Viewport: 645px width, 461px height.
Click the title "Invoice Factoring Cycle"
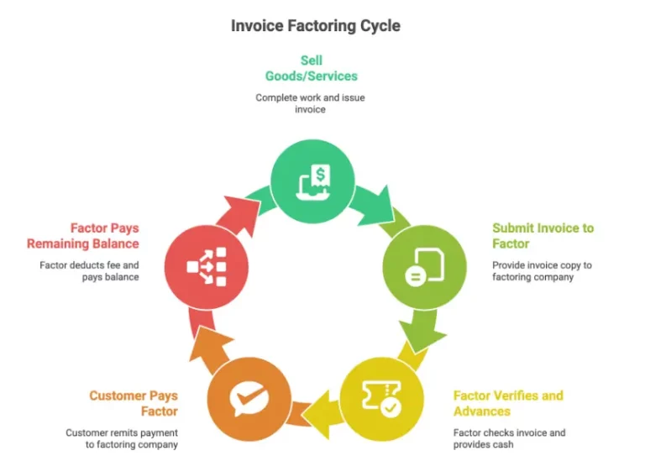[x=315, y=26]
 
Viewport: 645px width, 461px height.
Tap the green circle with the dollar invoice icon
[x=312, y=180]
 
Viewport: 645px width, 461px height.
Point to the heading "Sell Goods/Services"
[x=311, y=68]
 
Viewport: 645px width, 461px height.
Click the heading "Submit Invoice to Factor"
[x=543, y=235]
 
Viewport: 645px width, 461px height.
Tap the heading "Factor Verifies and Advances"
[x=508, y=403]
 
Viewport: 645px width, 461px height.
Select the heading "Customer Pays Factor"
[x=134, y=403]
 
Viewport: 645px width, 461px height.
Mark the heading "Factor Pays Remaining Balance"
[x=82, y=235]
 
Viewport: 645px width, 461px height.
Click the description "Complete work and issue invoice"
[x=311, y=104]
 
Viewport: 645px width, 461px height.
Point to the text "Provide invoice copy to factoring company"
[x=542, y=271]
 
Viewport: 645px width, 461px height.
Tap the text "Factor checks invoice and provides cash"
[x=509, y=438]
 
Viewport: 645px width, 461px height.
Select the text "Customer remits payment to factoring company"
[x=122, y=438]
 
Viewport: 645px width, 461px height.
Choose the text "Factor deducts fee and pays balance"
[x=89, y=271]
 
